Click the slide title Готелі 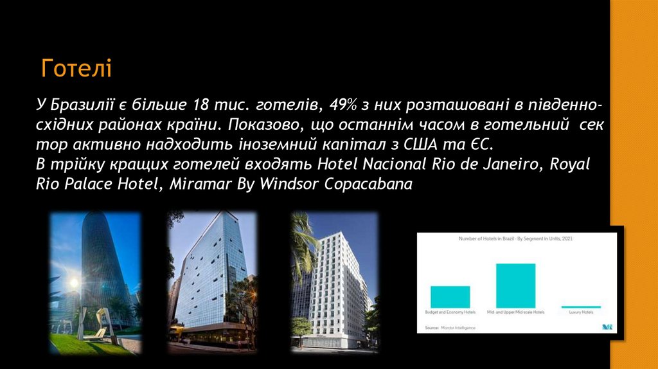(x=76, y=67)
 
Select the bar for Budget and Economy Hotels (x=450, y=296)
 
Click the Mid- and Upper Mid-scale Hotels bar (x=515, y=285)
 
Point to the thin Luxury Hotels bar (x=581, y=307)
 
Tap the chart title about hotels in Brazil (x=515, y=239)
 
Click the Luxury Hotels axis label (x=581, y=312)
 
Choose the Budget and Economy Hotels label (x=450, y=312)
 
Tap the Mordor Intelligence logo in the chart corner (x=607, y=327)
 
